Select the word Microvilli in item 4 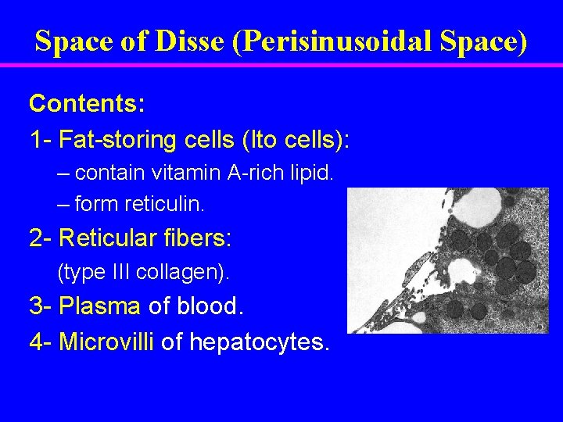tap(107, 342)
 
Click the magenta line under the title tap(281, 65)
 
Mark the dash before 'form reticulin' tap(63, 205)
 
